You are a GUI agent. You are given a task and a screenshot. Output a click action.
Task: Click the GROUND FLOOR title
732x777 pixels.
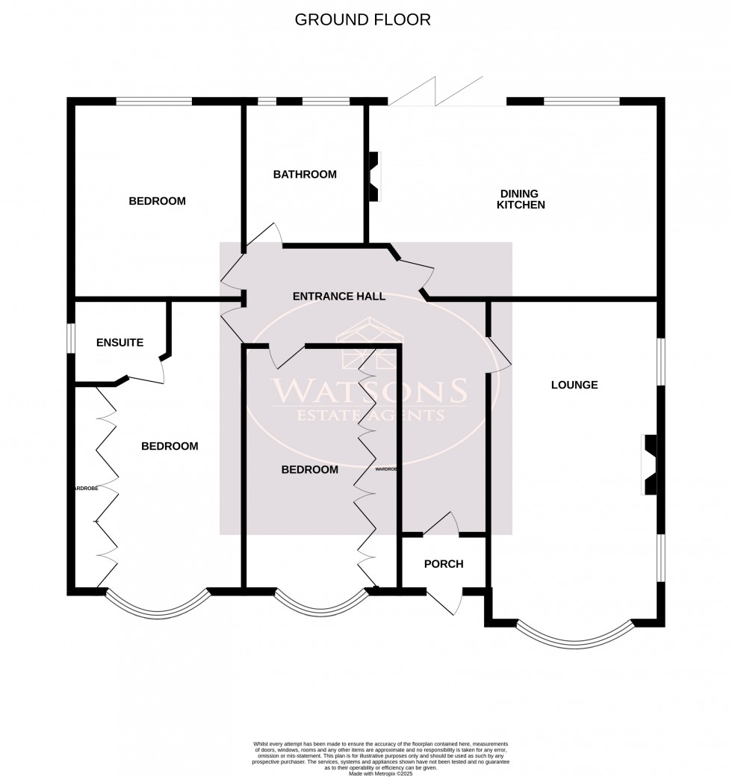pos(363,19)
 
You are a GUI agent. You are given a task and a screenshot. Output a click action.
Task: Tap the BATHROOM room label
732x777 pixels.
pos(305,175)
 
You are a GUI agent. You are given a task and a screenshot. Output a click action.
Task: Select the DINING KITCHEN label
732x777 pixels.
pos(522,199)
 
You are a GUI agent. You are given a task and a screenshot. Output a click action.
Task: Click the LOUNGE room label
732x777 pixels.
pos(574,386)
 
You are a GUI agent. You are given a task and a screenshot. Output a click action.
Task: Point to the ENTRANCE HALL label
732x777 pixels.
pos(339,297)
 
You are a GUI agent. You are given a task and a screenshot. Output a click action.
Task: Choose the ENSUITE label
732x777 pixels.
pos(120,343)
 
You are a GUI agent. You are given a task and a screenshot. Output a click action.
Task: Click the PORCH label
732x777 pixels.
pos(444,564)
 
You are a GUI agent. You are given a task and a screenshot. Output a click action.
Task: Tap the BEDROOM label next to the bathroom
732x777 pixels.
pos(157,201)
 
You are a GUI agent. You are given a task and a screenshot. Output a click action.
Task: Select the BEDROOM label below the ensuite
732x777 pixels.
pos(170,447)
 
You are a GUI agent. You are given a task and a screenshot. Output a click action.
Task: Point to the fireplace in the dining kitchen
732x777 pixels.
pos(374,176)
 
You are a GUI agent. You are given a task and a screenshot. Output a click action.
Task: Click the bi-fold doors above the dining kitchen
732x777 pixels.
pos(437,92)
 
